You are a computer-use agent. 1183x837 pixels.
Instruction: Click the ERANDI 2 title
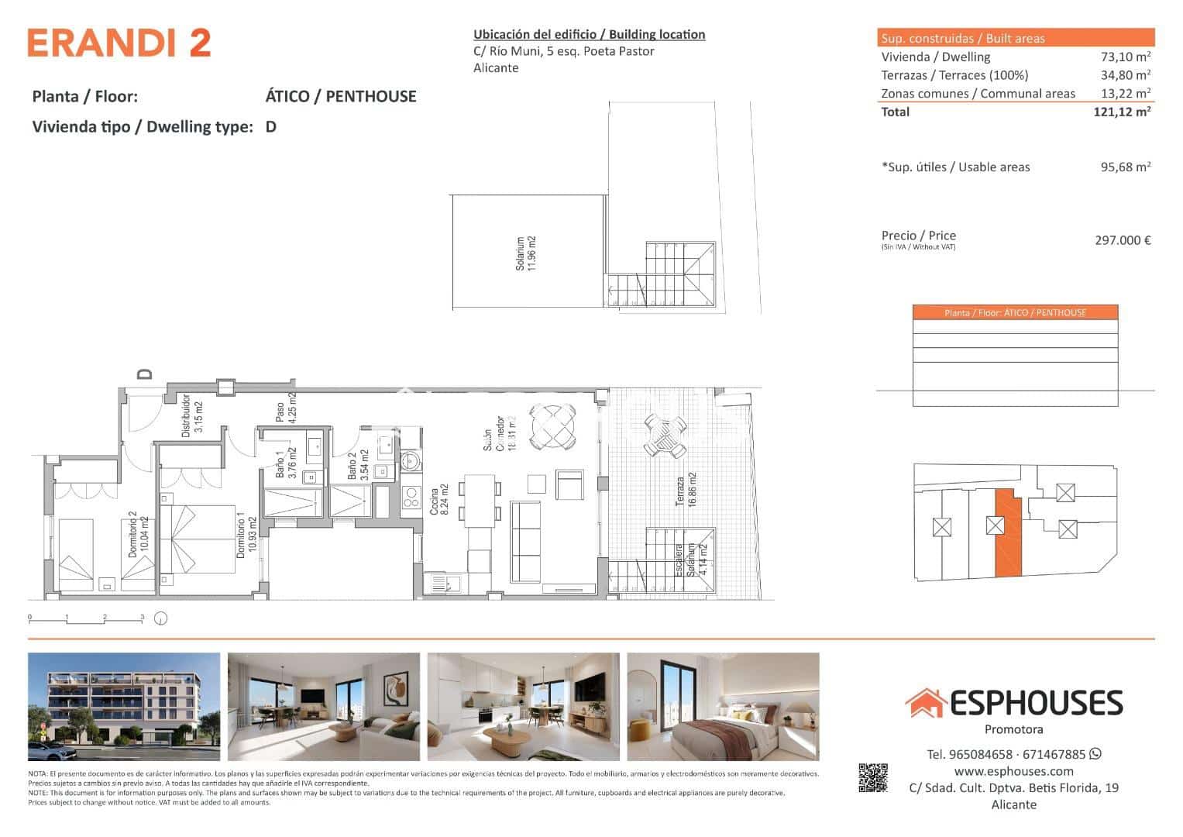coord(119,43)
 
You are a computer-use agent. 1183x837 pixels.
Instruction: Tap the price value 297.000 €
coord(1122,240)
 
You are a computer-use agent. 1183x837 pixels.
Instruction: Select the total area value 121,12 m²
coord(1121,112)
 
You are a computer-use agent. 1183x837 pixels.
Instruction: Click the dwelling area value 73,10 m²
coord(1125,57)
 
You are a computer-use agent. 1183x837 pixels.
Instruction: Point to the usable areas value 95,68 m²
coord(1125,167)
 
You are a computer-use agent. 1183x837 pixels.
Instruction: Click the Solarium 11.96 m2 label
coord(526,253)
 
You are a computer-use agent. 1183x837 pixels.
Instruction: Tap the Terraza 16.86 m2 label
coord(686,490)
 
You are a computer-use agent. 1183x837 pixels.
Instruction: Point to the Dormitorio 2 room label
coord(138,535)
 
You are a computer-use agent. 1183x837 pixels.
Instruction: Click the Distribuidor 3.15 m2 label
coord(192,416)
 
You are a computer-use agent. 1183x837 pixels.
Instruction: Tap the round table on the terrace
coord(665,436)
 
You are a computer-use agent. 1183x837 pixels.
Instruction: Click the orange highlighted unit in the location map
coord(1008,535)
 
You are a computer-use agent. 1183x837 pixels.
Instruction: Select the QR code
coord(872,778)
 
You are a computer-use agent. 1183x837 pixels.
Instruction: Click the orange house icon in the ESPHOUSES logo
coord(925,703)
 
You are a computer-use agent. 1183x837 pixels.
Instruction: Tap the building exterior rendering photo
coord(124,707)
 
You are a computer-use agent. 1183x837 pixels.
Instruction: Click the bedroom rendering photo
coord(723,707)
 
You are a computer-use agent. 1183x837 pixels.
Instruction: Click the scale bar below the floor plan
coord(87,618)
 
